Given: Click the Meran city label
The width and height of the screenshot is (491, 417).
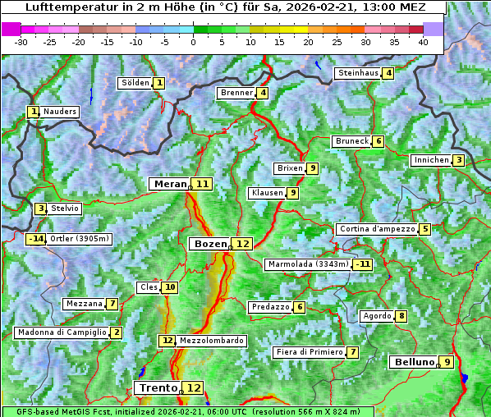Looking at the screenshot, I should [x=170, y=184].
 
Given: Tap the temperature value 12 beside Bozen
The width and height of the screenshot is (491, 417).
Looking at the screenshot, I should [x=242, y=244].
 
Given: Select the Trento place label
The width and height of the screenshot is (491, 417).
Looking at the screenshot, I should [x=158, y=387].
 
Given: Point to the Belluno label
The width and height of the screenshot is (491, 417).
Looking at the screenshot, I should [x=413, y=362].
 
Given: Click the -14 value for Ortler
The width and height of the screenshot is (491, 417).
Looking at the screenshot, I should [x=35, y=239].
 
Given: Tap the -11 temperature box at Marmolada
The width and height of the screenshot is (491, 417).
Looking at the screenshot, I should [x=362, y=264].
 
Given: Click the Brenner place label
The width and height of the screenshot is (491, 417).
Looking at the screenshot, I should [x=236, y=93].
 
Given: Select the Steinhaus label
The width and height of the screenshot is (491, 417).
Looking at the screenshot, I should [x=358, y=73].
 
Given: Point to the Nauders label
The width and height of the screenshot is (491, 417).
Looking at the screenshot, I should [x=59, y=112].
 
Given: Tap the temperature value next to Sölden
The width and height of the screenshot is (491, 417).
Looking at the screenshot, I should [x=159, y=83].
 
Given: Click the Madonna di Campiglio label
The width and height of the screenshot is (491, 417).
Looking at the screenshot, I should [x=62, y=332].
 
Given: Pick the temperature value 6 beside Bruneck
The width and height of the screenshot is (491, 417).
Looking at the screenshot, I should [x=378, y=141].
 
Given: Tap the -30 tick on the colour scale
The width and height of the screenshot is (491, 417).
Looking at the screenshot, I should [x=21, y=42].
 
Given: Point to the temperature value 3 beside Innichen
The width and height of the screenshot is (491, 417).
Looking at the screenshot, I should [x=459, y=160].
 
